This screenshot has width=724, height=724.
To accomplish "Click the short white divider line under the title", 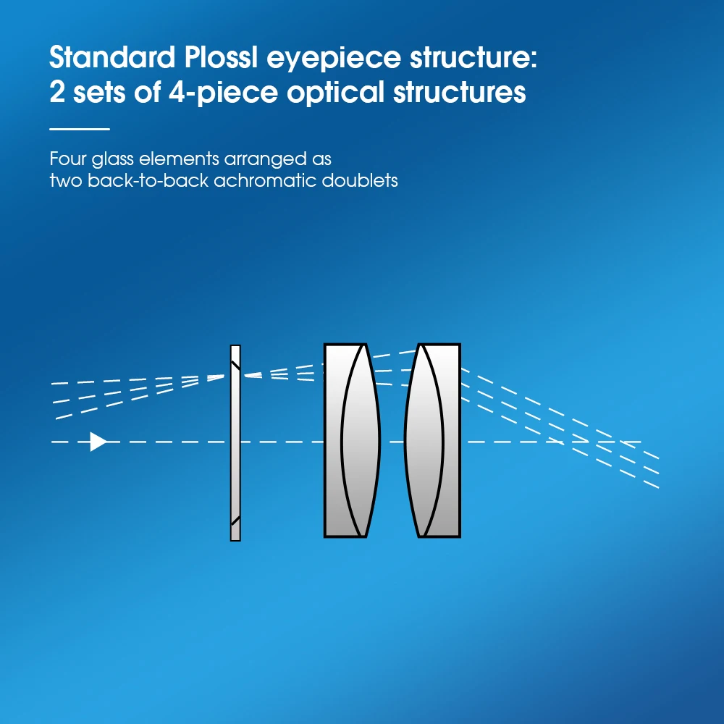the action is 80,129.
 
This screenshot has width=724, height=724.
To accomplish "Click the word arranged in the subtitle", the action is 243,158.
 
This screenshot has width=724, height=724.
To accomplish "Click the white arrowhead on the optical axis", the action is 98,441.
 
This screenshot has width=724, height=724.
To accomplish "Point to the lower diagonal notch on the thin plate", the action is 235,520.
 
